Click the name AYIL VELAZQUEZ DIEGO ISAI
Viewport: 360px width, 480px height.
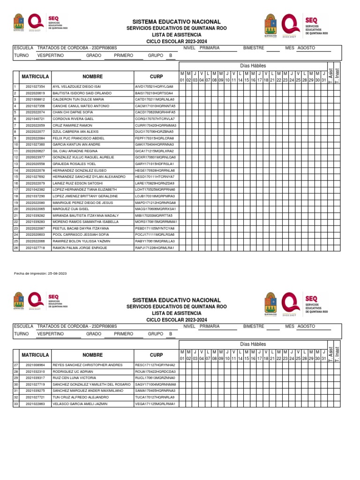coord(77,87)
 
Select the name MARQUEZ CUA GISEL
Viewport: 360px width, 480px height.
coord(71,209)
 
